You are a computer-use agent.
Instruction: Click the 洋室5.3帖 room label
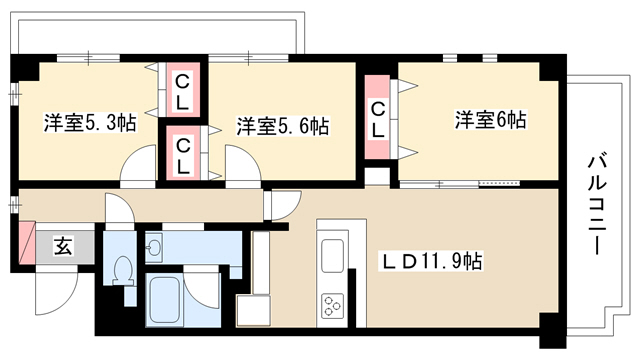click(90, 122)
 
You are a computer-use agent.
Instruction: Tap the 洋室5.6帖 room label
click(283, 126)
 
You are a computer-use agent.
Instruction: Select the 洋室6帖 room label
click(491, 120)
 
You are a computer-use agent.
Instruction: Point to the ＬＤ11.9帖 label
click(431, 260)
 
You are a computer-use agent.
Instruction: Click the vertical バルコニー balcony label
click(596, 203)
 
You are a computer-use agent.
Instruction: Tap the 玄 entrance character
click(64, 246)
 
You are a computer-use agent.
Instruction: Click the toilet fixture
click(123, 269)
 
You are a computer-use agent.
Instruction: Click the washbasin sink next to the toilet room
click(154, 247)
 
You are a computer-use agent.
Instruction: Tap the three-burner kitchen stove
click(332, 306)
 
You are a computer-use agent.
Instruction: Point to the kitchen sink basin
click(332, 256)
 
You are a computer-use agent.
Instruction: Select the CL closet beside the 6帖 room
click(378, 117)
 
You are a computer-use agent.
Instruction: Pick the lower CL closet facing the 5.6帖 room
click(183, 153)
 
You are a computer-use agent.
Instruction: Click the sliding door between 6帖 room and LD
click(459, 184)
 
